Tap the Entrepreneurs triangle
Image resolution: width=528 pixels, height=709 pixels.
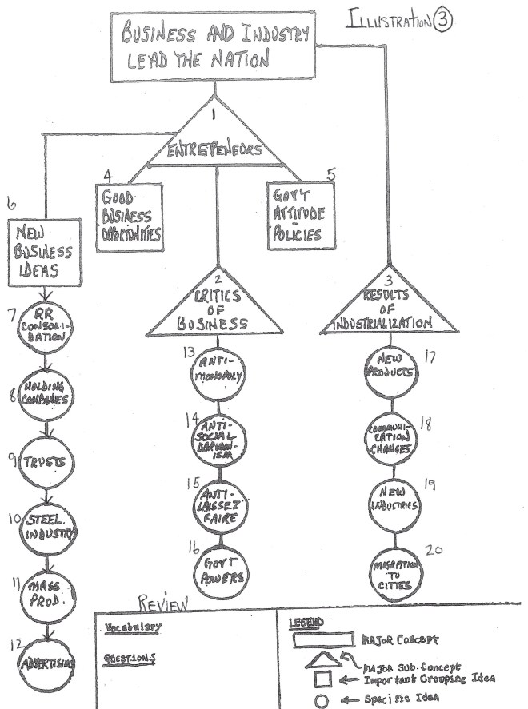(x=215, y=144)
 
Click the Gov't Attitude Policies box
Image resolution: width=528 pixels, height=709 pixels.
(x=296, y=216)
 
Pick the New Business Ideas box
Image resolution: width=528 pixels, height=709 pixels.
(x=46, y=252)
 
